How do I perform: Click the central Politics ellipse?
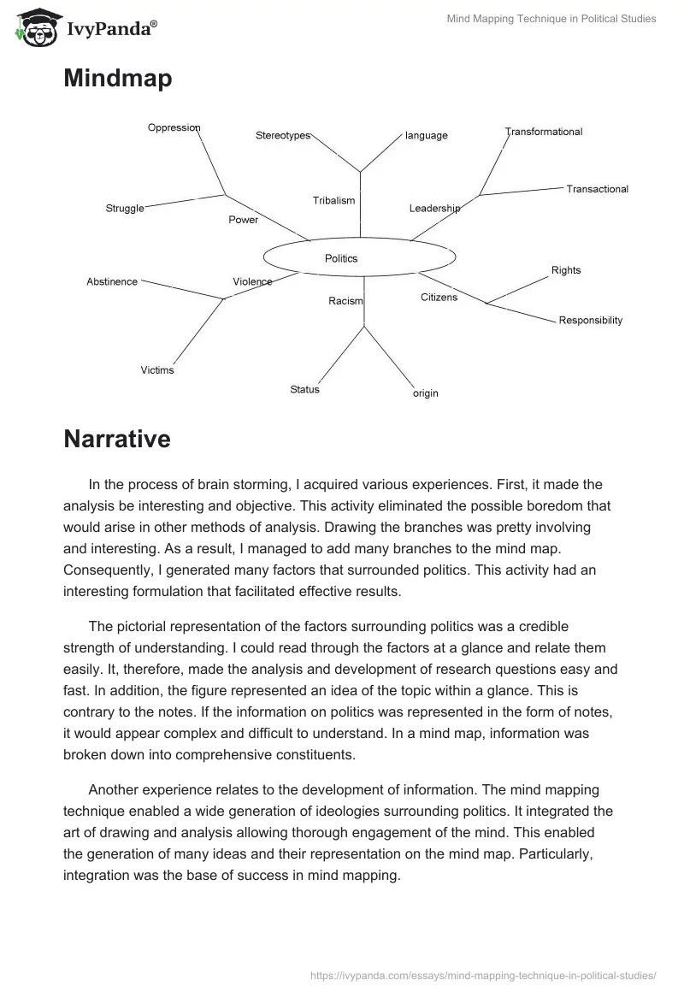(x=358, y=257)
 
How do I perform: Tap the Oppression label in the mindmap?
(x=174, y=128)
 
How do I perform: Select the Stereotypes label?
(x=283, y=136)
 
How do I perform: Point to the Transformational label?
(x=544, y=132)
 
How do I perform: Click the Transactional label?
(x=597, y=189)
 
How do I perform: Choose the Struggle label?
(x=125, y=209)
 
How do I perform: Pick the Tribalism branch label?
(x=333, y=201)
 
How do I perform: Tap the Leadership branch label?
(x=434, y=209)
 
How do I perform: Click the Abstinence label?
(x=112, y=281)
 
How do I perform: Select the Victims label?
(x=157, y=370)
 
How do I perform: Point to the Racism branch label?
(x=345, y=301)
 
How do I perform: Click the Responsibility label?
(x=591, y=321)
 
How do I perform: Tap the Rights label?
(x=566, y=270)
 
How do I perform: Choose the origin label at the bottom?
(x=425, y=393)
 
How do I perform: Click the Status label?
(x=304, y=390)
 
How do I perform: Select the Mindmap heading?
(x=117, y=79)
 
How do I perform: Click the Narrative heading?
(x=116, y=440)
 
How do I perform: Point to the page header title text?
(x=551, y=19)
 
